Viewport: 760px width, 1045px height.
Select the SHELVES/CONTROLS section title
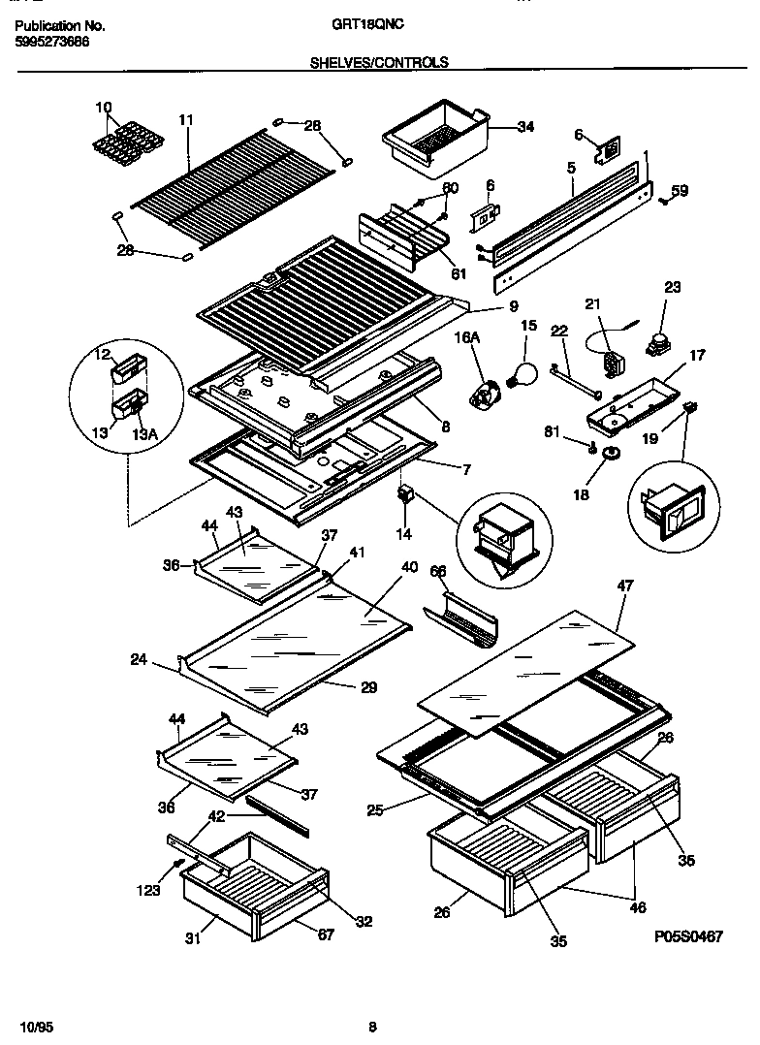pyautogui.click(x=379, y=62)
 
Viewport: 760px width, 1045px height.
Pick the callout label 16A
pyautogui.click(x=467, y=336)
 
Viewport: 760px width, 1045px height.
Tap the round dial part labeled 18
pyautogui.click(x=612, y=455)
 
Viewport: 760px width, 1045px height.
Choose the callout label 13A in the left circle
pyautogui.click(x=144, y=434)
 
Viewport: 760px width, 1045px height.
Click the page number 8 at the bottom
pyautogui.click(x=372, y=1027)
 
